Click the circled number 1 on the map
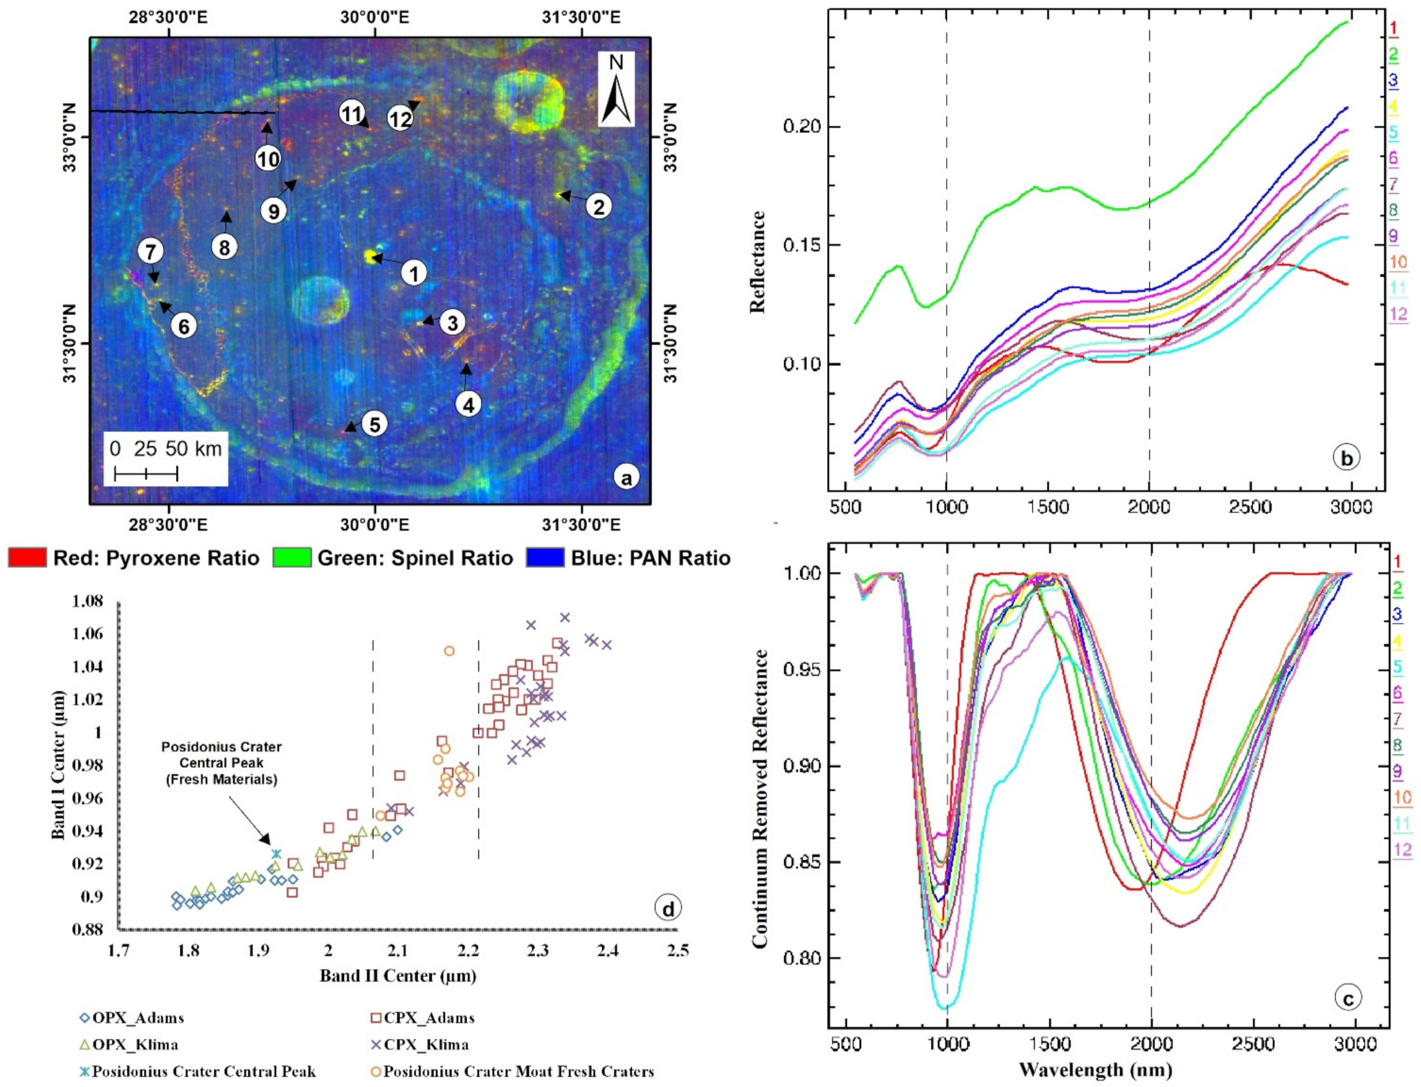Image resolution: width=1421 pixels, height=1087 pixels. tap(414, 273)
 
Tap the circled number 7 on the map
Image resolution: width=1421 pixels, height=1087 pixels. tap(150, 251)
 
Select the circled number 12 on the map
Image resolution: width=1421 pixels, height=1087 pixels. tap(400, 119)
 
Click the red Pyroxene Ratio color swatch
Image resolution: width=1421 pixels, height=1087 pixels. tap(27, 558)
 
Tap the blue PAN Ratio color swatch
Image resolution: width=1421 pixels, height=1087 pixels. tap(545, 558)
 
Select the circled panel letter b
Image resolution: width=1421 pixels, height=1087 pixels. tap(1346, 458)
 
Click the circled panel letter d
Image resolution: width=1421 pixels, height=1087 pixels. tap(668, 908)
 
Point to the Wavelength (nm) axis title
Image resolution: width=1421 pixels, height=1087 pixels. tap(1095, 1070)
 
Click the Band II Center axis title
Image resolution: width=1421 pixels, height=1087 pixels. tap(397, 976)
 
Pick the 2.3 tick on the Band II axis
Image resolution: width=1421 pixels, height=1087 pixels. tap(537, 950)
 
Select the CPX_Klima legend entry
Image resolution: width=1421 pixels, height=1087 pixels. tap(419, 1045)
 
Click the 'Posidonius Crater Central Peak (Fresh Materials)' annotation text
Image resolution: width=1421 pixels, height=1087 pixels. tap(221, 763)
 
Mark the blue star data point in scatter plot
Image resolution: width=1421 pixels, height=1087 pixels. tap(276, 854)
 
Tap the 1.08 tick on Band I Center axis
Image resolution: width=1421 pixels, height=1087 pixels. tap(87, 601)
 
